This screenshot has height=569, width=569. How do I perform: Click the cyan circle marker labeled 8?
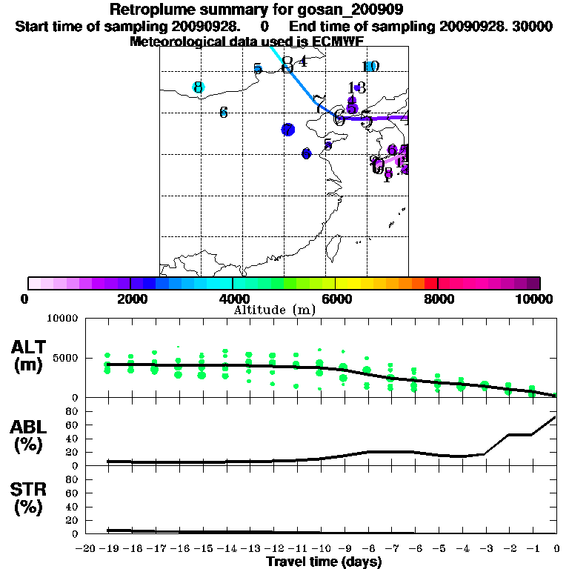(x=198, y=87)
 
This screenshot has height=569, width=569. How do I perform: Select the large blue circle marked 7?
(x=288, y=130)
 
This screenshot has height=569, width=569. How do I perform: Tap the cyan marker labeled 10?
(x=370, y=67)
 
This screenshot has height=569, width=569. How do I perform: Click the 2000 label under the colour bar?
(x=130, y=299)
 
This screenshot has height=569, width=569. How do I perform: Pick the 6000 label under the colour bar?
(x=335, y=299)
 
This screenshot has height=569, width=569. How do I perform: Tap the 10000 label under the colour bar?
(x=536, y=299)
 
